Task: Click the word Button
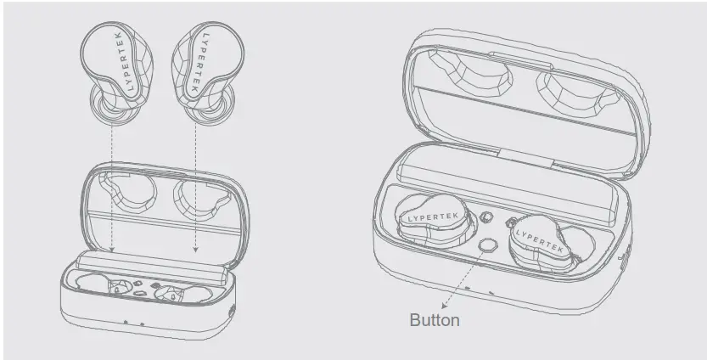[x=435, y=320]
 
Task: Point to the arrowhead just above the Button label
[x=445, y=306]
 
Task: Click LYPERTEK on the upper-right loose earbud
[x=199, y=62]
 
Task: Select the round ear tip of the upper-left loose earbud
[x=109, y=105]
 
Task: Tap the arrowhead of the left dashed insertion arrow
[x=112, y=249]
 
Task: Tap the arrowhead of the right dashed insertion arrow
[x=195, y=249]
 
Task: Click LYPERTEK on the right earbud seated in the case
[x=539, y=240]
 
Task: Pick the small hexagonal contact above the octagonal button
[x=485, y=217]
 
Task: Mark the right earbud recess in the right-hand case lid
[x=579, y=91]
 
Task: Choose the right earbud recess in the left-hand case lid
[x=203, y=200]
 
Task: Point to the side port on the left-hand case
[x=233, y=311]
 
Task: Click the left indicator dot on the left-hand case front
[x=126, y=322]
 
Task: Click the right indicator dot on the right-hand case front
[x=491, y=293]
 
